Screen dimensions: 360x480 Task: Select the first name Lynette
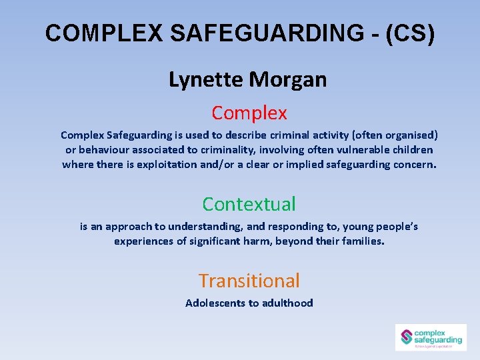[x=206, y=80]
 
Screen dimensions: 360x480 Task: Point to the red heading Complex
[x=249, y=113]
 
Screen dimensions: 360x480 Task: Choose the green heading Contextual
[x=249, y=203]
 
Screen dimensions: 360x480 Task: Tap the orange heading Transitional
[x=249, y=281]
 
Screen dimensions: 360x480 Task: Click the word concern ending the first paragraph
[x=415, y=164]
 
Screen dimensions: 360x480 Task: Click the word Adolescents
[x=215, y=303]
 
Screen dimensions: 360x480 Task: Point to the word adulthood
[x=287, y=303]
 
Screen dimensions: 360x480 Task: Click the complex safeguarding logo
[x=431, y=337]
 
